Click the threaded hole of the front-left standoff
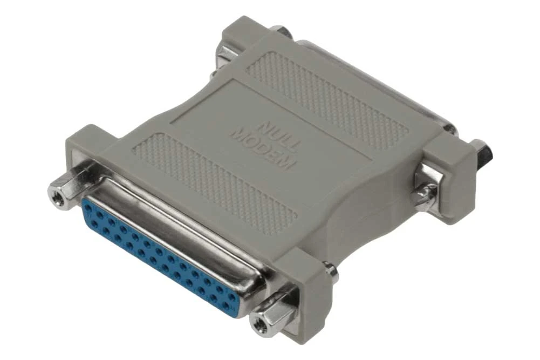pos(57,193)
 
